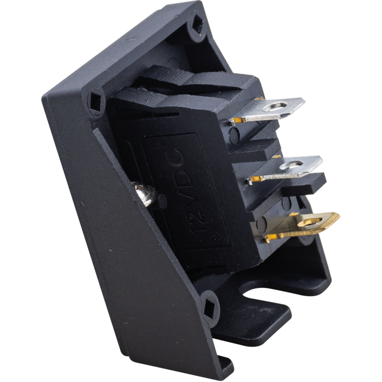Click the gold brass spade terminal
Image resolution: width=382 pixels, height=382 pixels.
click(302, 228)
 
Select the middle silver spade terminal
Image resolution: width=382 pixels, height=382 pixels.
click(285, 169)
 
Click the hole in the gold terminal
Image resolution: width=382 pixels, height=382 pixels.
click(310, 222)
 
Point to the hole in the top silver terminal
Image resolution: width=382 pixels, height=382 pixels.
click(276, 106)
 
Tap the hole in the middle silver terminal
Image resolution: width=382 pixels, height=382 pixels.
click(291, 165)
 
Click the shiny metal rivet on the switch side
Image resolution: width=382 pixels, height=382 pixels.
click(145, 194)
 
